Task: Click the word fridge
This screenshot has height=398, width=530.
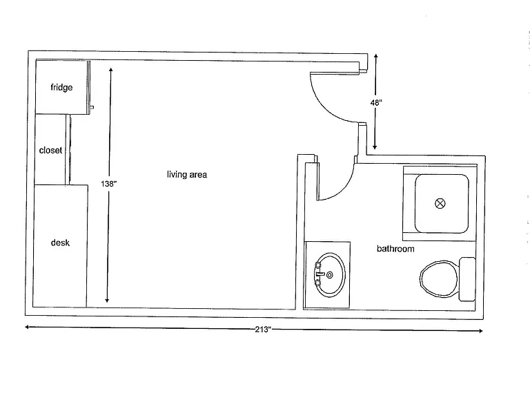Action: coord(61,87)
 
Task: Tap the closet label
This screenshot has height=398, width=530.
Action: coord(50,150)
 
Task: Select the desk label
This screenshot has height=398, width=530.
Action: coord(60,243)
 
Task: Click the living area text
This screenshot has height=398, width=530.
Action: coord(187,174)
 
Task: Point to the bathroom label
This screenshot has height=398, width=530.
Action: coord(395,249)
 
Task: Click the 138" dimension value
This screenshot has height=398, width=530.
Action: coord(109,184)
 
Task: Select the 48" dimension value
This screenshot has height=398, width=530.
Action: coord(376,102)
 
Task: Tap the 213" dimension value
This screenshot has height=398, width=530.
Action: coord(263,330)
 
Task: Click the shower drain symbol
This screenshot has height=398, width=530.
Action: coord(440,203)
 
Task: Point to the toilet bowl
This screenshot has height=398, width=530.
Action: coord(439,279)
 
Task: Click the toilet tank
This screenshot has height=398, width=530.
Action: coord(467,279)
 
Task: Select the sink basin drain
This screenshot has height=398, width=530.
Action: coord(330,275)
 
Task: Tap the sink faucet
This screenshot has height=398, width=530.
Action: coord(320,274)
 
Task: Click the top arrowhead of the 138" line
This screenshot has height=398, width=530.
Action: coord(111,70)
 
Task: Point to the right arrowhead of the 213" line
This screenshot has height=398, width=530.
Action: coord(480,331)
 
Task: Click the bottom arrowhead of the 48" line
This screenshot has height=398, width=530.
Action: coord(375,147)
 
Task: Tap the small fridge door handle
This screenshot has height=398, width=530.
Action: coord(91,108)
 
